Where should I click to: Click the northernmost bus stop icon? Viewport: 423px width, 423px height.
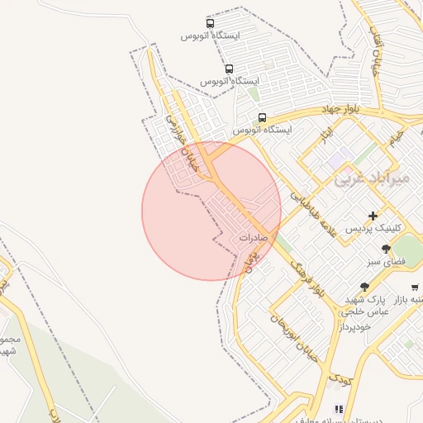point(210,24)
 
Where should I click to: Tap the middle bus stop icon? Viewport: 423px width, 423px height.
point(228,69)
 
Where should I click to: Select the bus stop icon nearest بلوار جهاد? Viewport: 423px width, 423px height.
point(263,117)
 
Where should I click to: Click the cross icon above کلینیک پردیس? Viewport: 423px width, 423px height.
point(373,215)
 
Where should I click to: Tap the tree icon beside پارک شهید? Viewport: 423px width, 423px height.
point(364,286)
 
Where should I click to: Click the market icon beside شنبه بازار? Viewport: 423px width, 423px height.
point(415,287)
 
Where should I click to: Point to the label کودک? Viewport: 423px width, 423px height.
point(339,381)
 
